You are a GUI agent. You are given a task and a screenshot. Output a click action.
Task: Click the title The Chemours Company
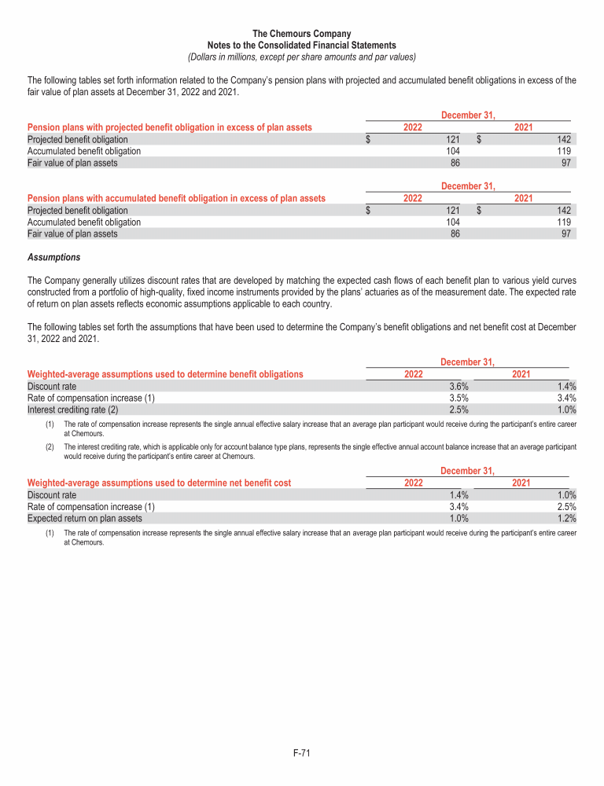(x=302, y=34)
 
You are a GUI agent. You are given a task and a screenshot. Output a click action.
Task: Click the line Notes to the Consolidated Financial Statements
(x=302, y=46)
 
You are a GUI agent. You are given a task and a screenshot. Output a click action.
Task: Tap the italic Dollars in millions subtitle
(x=302, y=57)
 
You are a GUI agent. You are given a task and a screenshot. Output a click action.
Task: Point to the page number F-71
(x=302, y=753)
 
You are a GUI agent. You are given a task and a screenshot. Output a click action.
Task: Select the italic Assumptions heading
(x=53, y=258)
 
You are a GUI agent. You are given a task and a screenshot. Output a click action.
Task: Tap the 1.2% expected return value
(x=566, y=519)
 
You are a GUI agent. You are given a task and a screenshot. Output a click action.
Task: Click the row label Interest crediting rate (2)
(x=72, y=410)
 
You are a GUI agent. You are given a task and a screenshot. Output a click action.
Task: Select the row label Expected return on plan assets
(x=85, y=519)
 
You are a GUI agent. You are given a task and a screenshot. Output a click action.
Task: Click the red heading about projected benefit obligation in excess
(x=169, y=127)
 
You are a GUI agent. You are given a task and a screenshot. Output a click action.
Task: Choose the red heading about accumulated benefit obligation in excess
(x=176, y=199)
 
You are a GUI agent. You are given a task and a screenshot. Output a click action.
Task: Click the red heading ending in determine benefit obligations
(x=165, y=374)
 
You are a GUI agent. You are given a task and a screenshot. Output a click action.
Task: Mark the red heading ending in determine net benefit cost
(x=159, y=483)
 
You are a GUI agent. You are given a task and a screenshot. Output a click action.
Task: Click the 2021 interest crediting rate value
(x=566, y=410)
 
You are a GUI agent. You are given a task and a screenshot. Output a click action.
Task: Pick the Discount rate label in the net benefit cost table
(x=52, y=495)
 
